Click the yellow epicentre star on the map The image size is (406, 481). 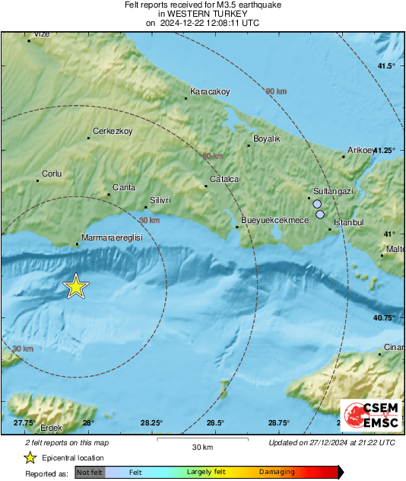click(x=75, y=286)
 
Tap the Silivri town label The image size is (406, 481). click(x=160, y=199)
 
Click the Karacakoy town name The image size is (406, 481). click(x=209, y=91)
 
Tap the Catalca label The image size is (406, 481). click(x=224, y=179)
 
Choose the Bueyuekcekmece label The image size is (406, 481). click(x=274, y=220)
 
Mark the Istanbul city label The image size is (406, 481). click(x=350, y=221)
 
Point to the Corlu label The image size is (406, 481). click(x=51, y=174)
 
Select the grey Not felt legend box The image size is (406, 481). click(x=88, y=473)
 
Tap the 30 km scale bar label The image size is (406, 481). click(x=201, y=446)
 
